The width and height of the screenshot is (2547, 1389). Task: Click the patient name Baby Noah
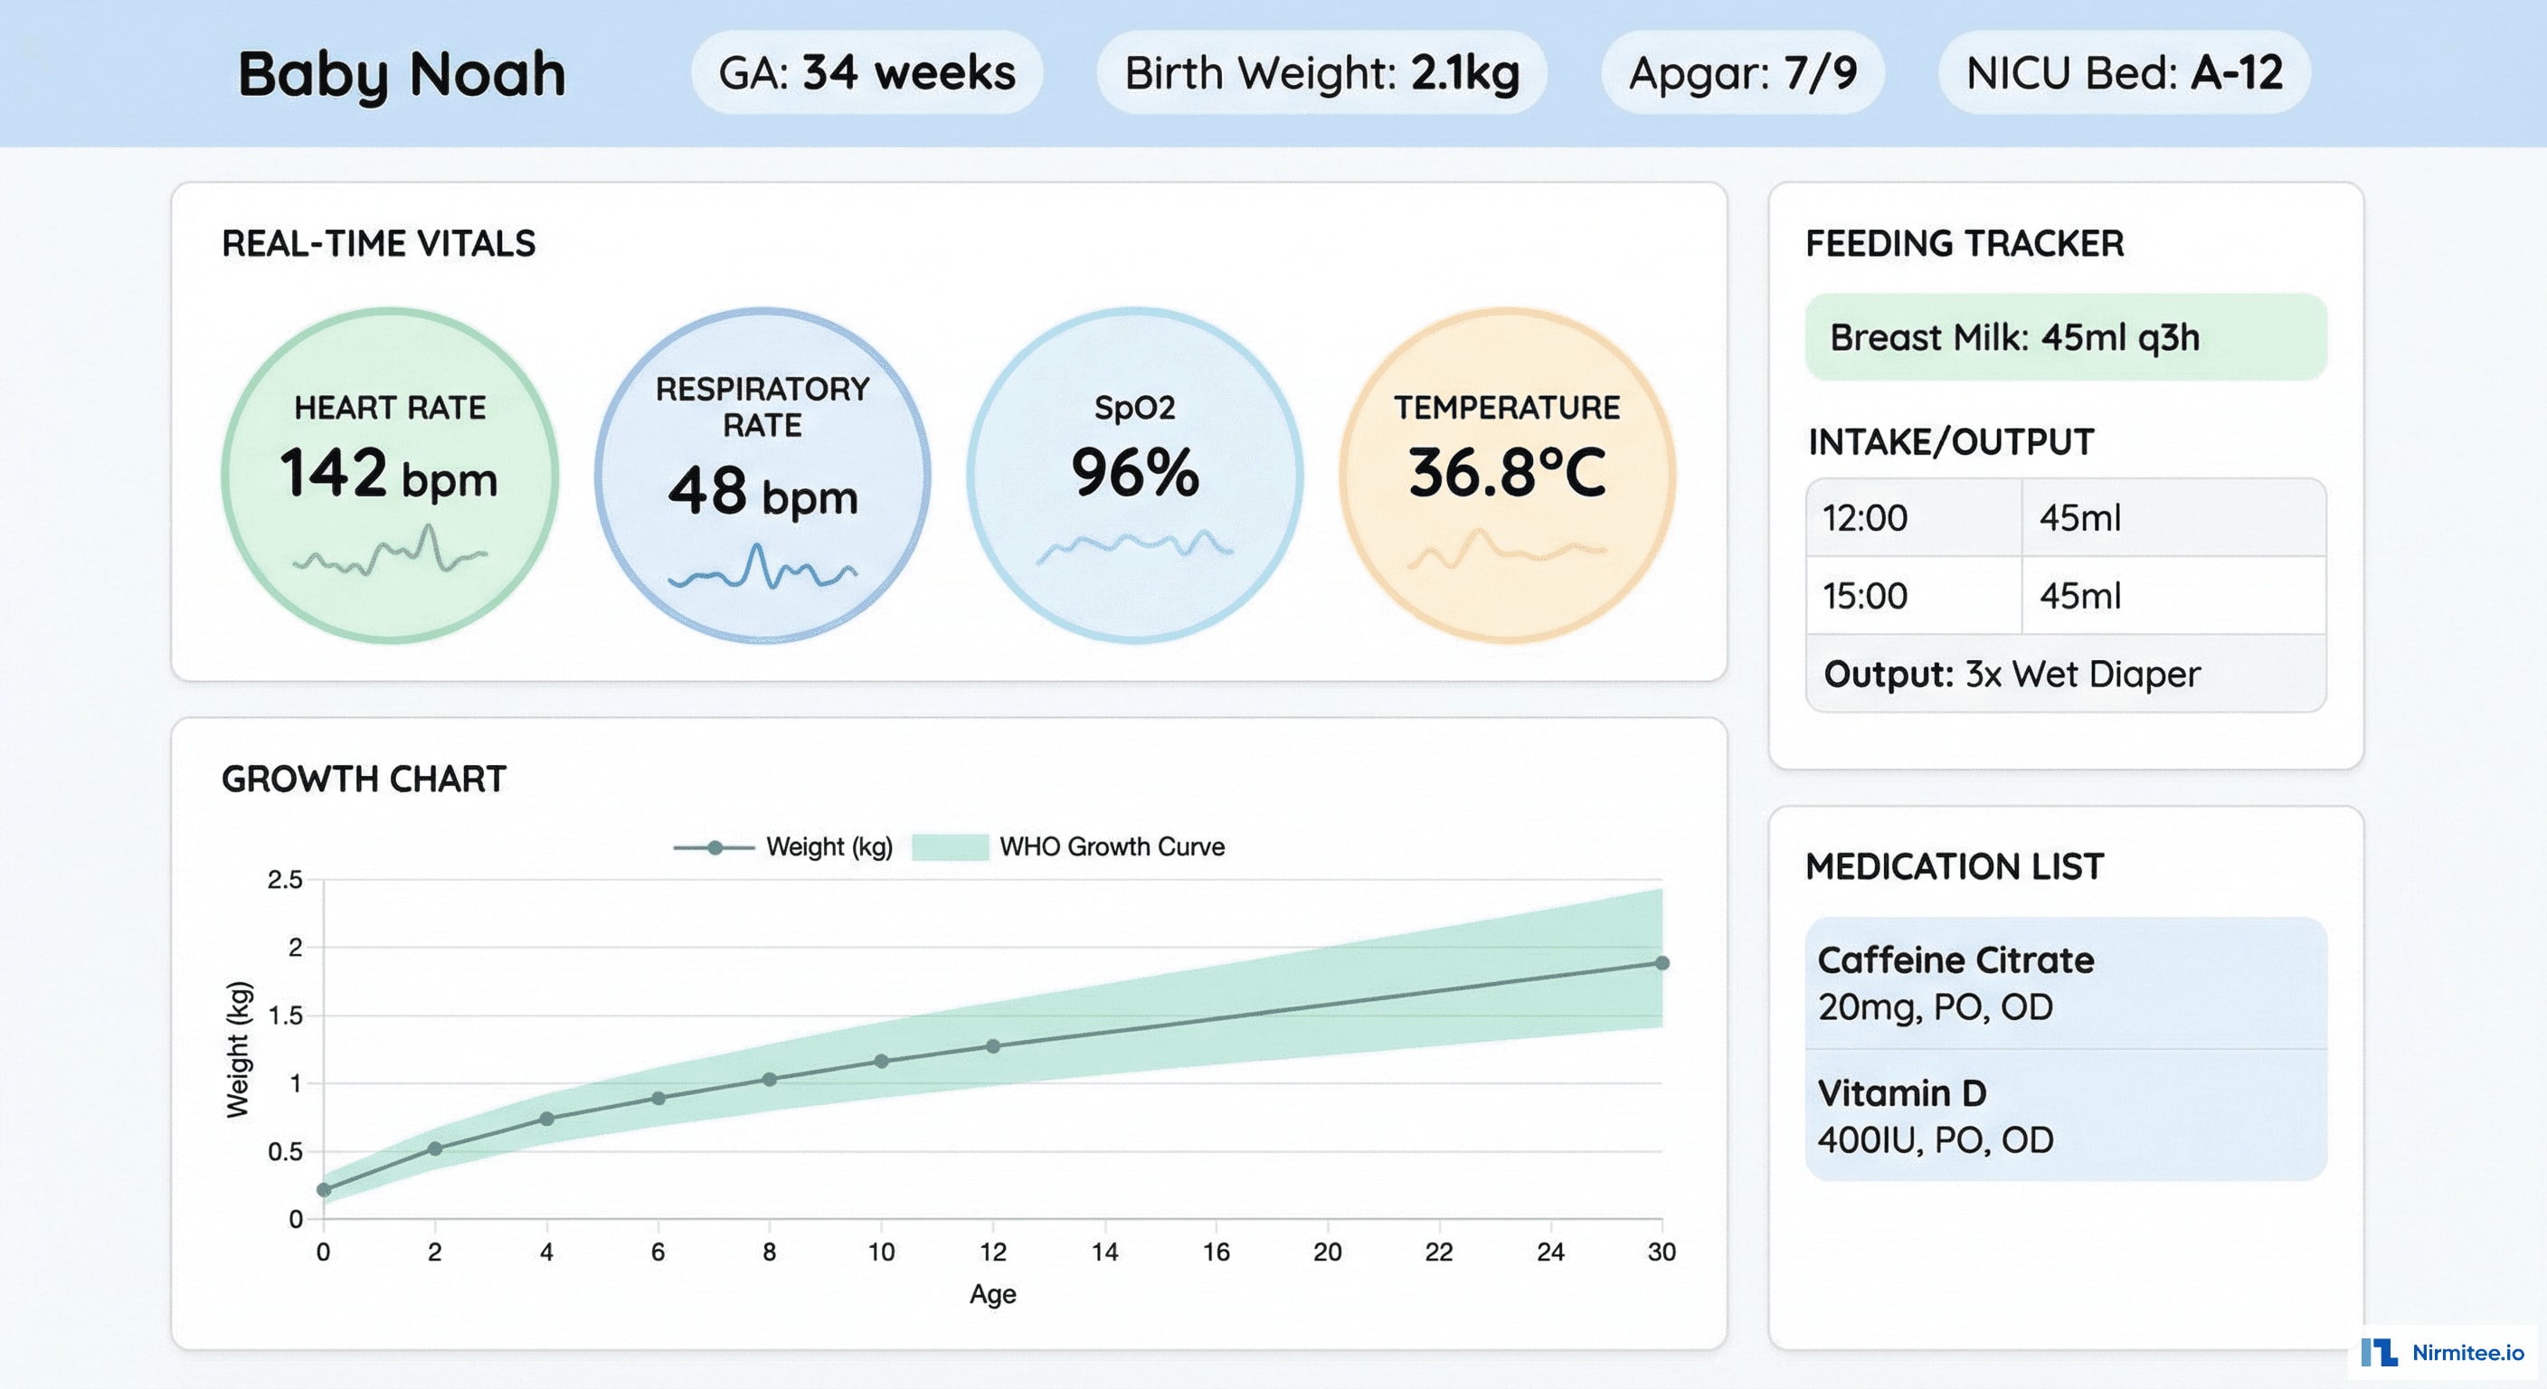point(402,74)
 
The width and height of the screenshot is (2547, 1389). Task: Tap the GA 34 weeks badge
point(866,73)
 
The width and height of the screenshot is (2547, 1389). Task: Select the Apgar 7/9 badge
point(1742,73)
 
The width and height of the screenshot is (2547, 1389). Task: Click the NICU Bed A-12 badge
point(2124,73)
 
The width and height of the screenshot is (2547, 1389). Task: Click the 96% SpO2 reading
point(1134,474)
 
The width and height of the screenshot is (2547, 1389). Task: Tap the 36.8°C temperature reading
point(1507,474)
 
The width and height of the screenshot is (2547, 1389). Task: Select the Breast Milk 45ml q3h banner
point(2065,337)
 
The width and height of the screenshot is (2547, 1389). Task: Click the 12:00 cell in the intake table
point(1865,518)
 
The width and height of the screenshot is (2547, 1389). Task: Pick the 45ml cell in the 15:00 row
point(2080,596)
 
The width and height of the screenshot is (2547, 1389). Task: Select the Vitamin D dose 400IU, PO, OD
point(1935,1140)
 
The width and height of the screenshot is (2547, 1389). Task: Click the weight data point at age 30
point(1662,963)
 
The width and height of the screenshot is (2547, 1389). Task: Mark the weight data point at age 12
point(993,1046)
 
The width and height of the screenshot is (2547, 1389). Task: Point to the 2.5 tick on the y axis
point(285,879)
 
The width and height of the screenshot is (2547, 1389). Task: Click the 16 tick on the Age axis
point(1216,1252)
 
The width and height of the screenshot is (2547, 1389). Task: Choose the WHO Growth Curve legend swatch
point(949,847)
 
